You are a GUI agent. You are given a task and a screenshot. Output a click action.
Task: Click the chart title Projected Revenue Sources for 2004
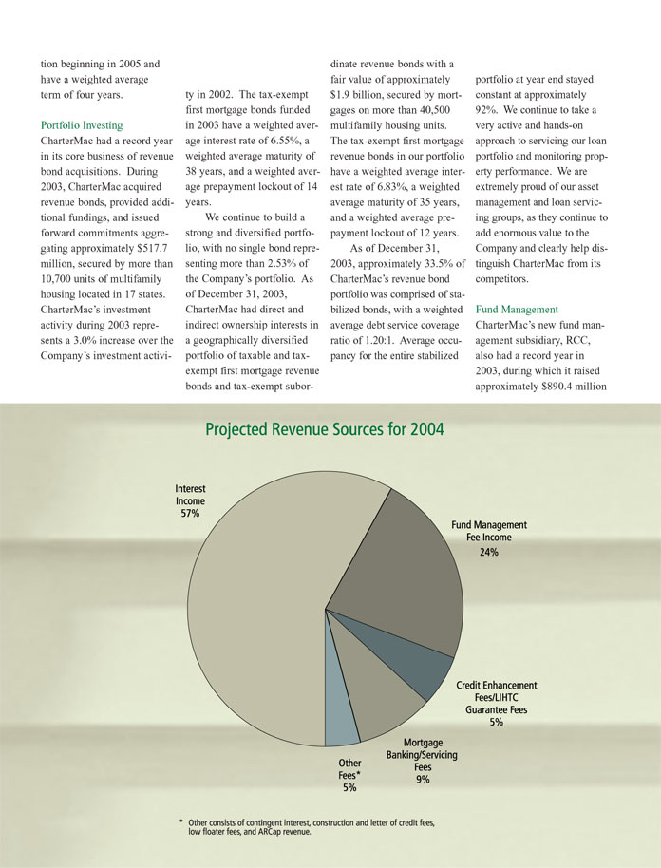coord(324,430)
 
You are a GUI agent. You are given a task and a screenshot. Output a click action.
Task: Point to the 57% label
coord(190,514)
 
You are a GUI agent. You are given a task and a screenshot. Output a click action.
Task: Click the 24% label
coord(488,551)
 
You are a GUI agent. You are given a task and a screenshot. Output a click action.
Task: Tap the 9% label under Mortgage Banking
coord(423,780)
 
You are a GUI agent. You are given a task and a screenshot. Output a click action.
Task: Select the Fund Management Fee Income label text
coord(488,531)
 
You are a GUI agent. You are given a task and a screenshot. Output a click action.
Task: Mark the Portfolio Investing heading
coord(82,124)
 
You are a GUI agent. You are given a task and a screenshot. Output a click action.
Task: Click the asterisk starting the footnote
coord(180,821)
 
